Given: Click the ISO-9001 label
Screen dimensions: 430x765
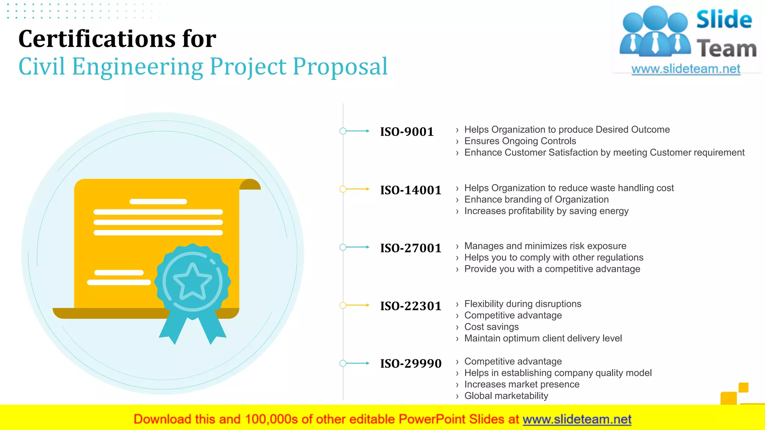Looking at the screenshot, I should click(x=407, y=132).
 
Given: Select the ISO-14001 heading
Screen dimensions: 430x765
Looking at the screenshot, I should click(x=411, y=190).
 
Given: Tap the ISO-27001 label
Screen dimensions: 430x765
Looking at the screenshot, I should click(x=411, y=248).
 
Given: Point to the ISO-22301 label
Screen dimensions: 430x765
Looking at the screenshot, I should click(x=411, y=306).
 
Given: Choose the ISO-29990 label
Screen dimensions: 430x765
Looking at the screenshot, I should click(x=411, y=364).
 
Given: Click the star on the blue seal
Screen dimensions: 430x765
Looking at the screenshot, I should click(x=192, y=282).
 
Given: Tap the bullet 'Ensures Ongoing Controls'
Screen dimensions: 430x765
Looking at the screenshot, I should click(x=520, y=141).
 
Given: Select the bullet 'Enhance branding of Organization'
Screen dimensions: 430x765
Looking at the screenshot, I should click(x=536, y=200).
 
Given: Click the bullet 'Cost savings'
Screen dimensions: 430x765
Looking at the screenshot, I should click(x=491, y=327).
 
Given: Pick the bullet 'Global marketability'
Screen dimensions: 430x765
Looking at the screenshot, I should click(x=506, y=396).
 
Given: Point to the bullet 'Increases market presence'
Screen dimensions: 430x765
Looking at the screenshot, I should click(x=522, y=384).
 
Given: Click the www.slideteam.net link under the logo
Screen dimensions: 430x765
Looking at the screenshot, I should click(x=686, y=69).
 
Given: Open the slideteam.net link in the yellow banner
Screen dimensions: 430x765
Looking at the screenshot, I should click(x=577, y=420).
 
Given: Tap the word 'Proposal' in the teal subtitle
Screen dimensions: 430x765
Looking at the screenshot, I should click(x=340, y=67).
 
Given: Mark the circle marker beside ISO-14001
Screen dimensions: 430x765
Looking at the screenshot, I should click(x=343, y=189).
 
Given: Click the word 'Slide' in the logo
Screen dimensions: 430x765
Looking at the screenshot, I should click(x=724, y=20).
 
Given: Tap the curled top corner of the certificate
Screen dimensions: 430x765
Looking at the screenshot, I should click(x=250, y=184).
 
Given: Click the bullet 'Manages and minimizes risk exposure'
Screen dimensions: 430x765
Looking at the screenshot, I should click(x=545, y=246).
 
